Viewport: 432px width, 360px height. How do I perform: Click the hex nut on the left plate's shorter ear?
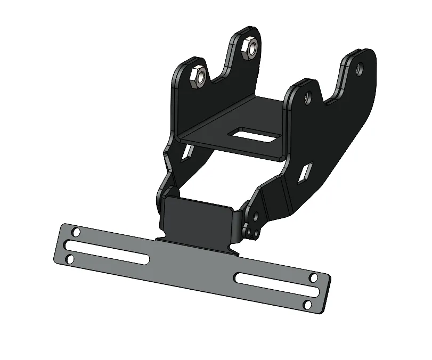pos(200,78)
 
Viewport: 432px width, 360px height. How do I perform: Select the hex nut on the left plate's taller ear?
pos(249,48)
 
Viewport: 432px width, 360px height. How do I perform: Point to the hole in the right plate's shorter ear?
pos(307,98)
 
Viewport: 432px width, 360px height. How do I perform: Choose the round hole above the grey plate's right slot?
pos(313,277)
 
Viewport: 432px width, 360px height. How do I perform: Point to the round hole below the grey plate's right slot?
pos(307,304)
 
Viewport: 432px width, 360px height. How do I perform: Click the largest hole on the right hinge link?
pos(257,217)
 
